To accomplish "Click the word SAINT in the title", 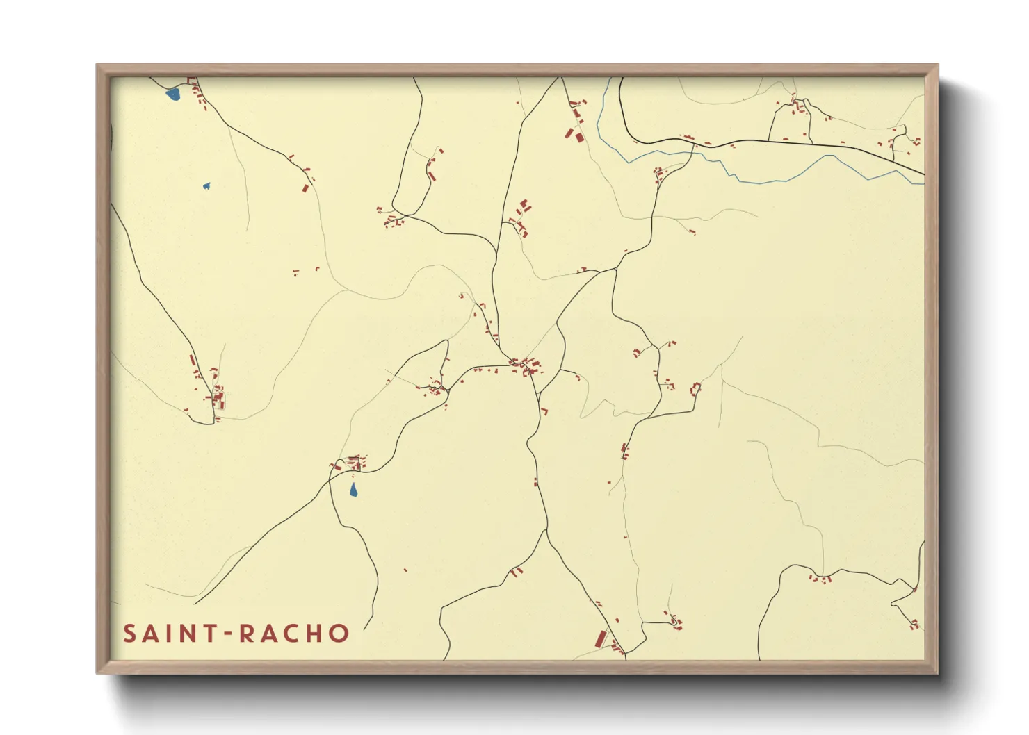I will pos(168,634).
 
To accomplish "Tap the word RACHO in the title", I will pos(295,634).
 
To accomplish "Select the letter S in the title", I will pos(129,634).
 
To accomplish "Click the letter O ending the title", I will pos(339,634).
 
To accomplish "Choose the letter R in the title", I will pos(247,634).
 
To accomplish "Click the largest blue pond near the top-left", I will pos(173,94).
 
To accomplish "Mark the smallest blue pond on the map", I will pos(206,186).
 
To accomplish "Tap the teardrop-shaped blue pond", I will pos(353,490).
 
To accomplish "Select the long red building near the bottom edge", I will pos(602,638).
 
